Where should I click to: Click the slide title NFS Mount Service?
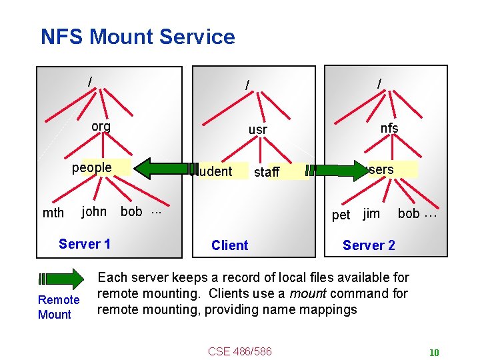point(137,37)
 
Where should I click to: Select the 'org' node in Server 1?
point(101,127)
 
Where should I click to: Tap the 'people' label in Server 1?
point(91,167)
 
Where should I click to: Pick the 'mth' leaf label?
point(53,213)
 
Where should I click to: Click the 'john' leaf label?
point(93,212)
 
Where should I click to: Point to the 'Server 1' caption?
point(85,244)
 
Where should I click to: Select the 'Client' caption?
point(229,245)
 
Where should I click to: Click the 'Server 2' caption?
point(369,245)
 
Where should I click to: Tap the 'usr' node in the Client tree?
point(257,129)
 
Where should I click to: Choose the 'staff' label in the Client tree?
point(267,172)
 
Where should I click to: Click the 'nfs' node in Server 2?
point(389,128)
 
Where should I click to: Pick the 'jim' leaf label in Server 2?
point(371,213)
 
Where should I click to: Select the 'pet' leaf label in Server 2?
point(341,215)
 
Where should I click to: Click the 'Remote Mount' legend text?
point(59,307)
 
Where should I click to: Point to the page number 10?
point(434,353)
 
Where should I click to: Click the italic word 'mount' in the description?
point(309,293)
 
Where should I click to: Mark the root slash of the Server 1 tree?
point(90,81)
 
